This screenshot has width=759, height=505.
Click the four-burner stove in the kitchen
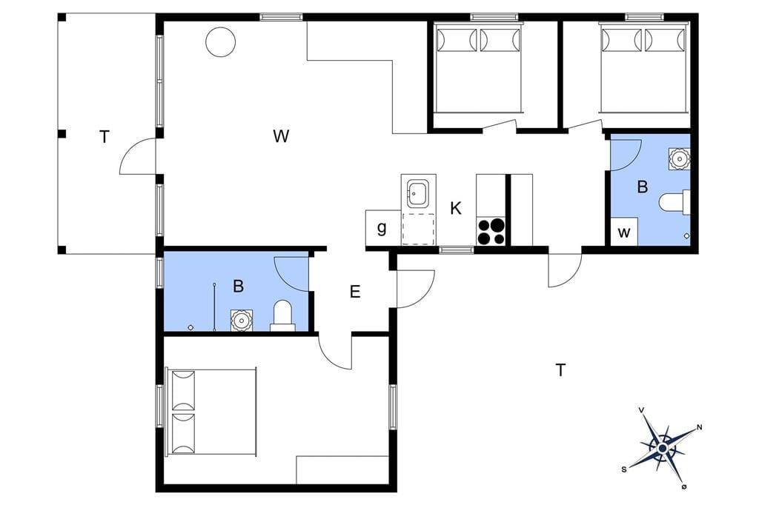[491, 231]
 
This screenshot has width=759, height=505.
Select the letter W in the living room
[281, 136]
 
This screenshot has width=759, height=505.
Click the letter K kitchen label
[456, 209]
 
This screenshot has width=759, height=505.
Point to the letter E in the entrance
[355, 292]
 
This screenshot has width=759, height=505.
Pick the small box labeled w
[624, 233]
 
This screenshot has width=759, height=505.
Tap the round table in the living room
[221, 42]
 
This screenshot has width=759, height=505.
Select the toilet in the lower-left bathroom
[282, 315]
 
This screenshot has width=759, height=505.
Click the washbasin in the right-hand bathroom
[679, 158]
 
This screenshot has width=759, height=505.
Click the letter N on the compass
[699, 427]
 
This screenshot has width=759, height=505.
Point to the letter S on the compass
[624, 469]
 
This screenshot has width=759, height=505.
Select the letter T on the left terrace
[104, 138]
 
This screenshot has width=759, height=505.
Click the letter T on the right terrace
[560, 370]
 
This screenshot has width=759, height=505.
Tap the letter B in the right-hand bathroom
[643, 187]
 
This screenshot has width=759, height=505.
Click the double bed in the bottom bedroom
[211, 412]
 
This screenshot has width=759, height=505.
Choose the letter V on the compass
[642, 410]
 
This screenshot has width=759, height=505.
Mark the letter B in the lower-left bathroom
[238, 286]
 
